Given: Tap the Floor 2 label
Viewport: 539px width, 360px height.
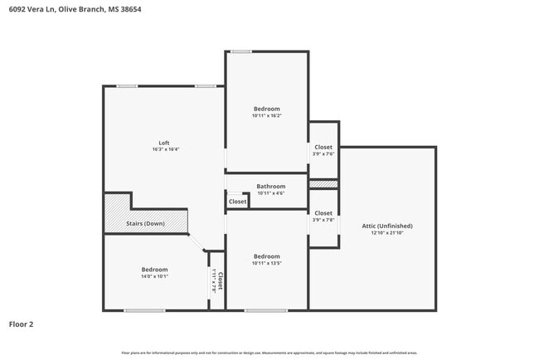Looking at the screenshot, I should click(21, 324).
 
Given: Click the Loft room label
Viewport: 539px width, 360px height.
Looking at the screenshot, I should click(164, 142).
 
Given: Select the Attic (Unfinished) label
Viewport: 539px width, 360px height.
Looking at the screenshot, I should click(386, 226).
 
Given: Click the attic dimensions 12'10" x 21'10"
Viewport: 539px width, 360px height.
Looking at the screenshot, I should click(386, 233).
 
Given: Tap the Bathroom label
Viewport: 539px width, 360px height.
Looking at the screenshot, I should click(270, 187).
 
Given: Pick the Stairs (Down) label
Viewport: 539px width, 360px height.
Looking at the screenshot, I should click(144, 224).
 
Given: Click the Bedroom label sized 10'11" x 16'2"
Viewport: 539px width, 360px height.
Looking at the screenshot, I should click(266, 109).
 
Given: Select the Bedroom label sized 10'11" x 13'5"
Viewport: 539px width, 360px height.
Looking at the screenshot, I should click(266, 256).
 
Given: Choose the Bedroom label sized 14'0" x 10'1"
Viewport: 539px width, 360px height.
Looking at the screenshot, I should click(154, 270).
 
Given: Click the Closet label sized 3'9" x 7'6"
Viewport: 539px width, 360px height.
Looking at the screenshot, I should click(323, 147).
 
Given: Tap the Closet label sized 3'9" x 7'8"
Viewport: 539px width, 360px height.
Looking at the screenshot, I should click(323, 213).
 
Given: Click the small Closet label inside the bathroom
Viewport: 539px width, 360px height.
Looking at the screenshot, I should click(237, 202).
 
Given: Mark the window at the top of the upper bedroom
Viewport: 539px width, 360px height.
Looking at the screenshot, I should click(240, 51).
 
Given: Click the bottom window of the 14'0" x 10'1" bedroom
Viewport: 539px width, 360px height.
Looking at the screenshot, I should click(144, 310).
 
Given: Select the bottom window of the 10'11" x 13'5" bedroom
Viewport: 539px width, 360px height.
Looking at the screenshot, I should click(265, 310).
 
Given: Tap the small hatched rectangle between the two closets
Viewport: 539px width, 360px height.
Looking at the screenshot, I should click(323, 183).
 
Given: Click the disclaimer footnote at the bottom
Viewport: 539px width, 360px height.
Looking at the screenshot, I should click(269, 352).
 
